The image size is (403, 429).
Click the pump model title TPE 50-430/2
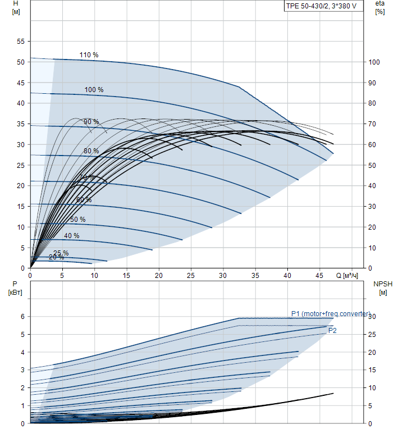[x=321, y=7]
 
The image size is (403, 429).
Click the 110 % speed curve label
[x=89, y=55]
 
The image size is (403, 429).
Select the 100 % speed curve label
[x=94, y=90]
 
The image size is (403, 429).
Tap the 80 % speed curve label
[x=91, y=151]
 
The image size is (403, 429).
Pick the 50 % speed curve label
[x=78, y=220]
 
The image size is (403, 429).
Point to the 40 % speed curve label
[x=71, y=236]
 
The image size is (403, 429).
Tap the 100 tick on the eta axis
[x=374, y=62]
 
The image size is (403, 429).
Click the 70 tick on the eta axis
[x=373, y=124]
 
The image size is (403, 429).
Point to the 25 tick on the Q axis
[x=191, y=276]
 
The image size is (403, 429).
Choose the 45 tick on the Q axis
[x=319, y=276]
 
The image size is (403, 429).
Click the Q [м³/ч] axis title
[x=347, y=276]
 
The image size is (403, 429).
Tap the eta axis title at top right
[x=380, y=7]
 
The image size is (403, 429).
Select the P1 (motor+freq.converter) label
[x=331, y=314]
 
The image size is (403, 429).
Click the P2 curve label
[x=332, y=331]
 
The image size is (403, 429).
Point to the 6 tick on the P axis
[x=23, y=317]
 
